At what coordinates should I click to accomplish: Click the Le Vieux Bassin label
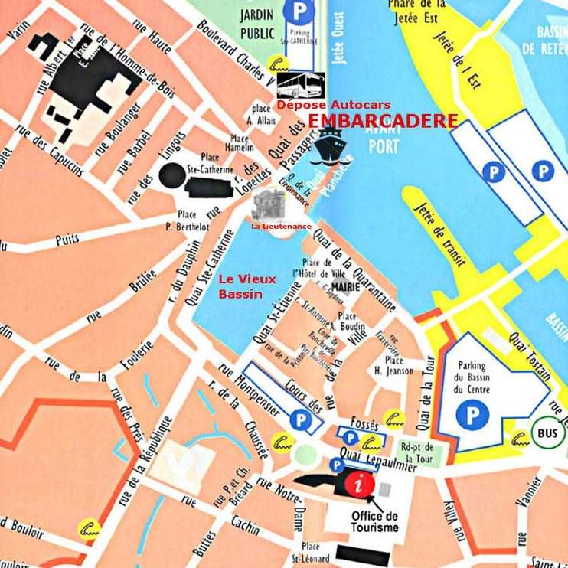(x=246, y=286)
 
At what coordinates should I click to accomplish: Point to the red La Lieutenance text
(x=281, y=226)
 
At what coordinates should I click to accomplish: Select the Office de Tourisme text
(x=374, y=521)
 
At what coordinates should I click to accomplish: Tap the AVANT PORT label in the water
(x=362, y=139)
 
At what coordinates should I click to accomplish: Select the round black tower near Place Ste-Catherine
(x=172, y=175)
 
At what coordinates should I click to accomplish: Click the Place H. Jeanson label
(x=394, y=365)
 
